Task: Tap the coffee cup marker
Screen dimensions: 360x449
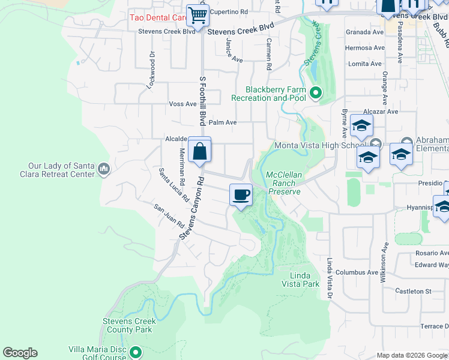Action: (x=241, y=195)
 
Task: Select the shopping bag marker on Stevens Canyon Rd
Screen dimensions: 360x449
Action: (x=199, y=151)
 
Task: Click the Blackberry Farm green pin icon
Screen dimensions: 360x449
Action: (x=316, y=93)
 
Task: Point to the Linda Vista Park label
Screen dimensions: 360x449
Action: (x=300, y=280)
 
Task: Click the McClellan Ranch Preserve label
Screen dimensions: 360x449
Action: (x=283, y=183)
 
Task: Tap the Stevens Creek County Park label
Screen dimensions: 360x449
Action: (x=128, y=325)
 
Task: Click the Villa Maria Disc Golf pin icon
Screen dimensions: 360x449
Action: (x=136, y=352)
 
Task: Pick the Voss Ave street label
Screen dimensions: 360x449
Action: (x=183, y=104)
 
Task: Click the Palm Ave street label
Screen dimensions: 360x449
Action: (x=222, y=122)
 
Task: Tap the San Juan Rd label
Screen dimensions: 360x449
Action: (x=169, y=215)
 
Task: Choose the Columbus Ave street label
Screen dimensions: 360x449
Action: (x=357, y=272)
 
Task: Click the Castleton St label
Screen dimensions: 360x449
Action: (x=413, y=291)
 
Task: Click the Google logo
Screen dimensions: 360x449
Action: (x=20, y=353)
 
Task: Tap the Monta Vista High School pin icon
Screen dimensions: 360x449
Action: (x=376, y=144)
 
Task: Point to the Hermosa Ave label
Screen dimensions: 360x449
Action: (x=364, y=48)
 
